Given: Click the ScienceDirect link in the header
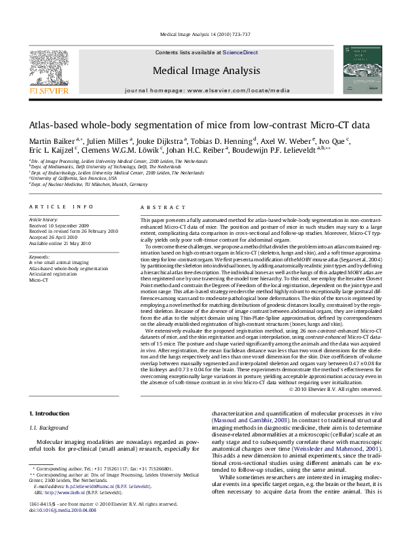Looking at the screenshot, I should coord(240,52).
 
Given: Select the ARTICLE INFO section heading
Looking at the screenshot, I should coord(61,206).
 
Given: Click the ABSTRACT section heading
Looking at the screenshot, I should coord(162,206).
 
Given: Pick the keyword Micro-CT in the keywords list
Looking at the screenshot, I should coord(38,280).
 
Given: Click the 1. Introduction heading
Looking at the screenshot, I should coord(51,413).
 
